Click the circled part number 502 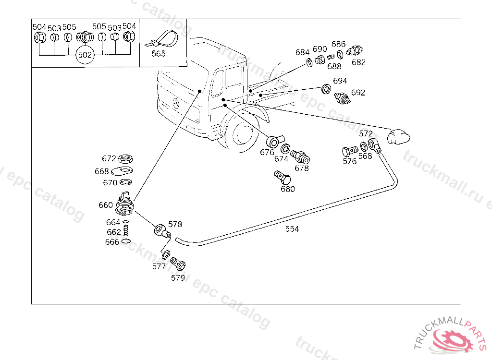click(x=85, y=55)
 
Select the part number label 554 click(x=292, y=229)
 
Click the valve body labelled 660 click(x=125, y=204)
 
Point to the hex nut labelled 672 click(x=125, y=159)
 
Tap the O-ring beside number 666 click(x=126, y=241)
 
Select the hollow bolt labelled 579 click(x=178, y=264)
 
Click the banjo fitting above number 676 click(x=275, y=141)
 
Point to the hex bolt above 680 click(x=283, y=178)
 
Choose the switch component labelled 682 click(x=355, y=50)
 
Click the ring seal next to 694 click(x=326, y=89)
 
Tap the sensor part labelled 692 click(x=342, y=98)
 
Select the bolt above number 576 click(x=350, y=151)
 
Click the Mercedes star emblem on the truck click(x=176, y=103)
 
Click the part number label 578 click(x=175, y=224)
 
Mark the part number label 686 click(x=338, y=44)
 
